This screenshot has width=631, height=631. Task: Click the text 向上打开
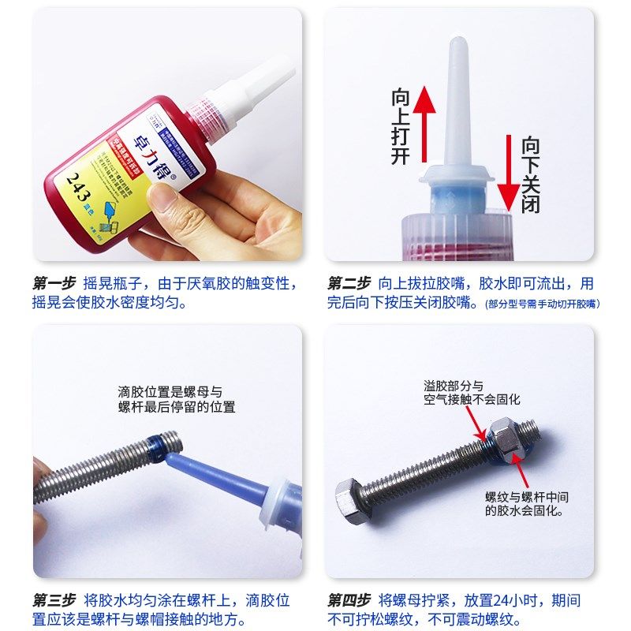[x=401, y=127]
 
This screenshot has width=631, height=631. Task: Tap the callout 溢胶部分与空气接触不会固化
[x=471, y=393]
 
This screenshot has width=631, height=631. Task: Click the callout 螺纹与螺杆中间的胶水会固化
[x=526, y=504]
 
